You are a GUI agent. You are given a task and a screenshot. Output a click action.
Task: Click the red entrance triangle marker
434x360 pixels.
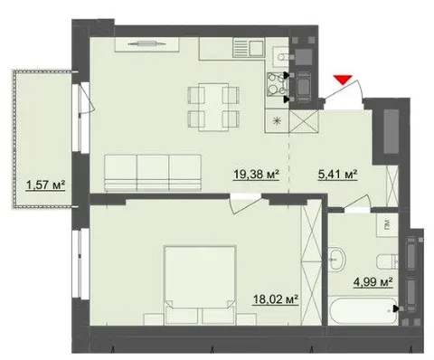pos(343,80)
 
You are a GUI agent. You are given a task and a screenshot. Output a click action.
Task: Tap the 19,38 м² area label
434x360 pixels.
pos(257,175)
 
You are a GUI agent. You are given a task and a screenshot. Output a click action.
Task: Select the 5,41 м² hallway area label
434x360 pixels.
pos(338,175)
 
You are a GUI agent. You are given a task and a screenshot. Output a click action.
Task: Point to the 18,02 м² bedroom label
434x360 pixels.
pos(276,299)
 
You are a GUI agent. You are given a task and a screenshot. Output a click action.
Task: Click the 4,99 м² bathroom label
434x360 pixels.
pos(373,282)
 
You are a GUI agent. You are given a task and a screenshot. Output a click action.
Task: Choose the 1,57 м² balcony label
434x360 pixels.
pos(45,185)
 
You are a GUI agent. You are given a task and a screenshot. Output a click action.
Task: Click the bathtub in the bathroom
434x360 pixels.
pos(363,311)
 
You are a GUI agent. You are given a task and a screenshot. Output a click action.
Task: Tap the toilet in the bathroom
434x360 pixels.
pos(387,261)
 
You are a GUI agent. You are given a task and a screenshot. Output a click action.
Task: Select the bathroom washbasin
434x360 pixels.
pos(336,259)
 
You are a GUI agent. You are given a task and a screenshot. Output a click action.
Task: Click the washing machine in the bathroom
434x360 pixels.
pos(387,225)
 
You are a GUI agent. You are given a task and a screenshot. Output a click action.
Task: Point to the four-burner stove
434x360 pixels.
pos(278,84)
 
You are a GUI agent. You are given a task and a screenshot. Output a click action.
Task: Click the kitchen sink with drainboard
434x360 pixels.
pos(249,47)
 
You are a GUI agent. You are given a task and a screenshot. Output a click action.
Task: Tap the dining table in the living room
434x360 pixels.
pos(213,107)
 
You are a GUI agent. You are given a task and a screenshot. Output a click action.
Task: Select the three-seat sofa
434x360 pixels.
pos(153,173)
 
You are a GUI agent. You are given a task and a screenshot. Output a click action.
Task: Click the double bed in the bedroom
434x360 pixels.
pos(200,286)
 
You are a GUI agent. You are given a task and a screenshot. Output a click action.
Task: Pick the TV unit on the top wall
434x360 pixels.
pos(147,44)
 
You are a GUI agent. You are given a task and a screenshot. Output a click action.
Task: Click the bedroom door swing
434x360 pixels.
pos(246,204)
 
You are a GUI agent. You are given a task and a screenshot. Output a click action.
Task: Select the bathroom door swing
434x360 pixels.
pos(357,202)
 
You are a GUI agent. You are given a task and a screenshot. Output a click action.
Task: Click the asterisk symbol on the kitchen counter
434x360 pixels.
pos(277,121)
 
